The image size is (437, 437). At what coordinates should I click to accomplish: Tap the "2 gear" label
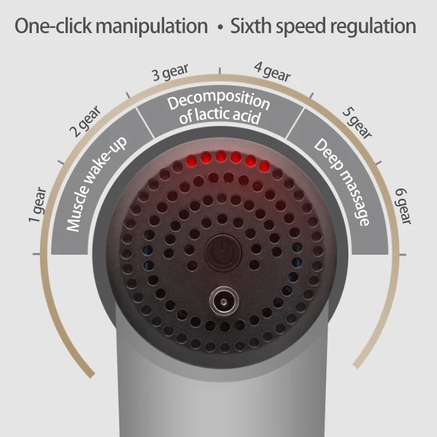[x=84, y=122]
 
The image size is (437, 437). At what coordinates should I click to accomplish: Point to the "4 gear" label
[x=272, y=72]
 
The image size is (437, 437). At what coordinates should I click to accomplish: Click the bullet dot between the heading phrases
[x=219, y=29]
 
